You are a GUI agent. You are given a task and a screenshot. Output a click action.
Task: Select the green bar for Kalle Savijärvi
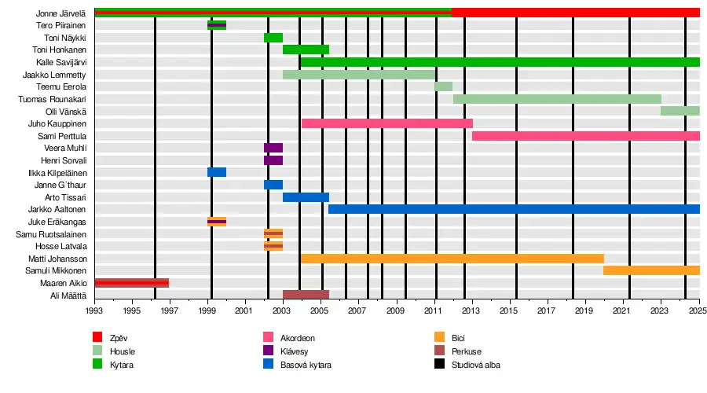coord(499,62)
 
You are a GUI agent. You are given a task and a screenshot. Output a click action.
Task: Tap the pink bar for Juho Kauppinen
coord(386,123)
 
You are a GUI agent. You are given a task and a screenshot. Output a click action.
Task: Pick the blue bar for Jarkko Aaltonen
coord(513,209)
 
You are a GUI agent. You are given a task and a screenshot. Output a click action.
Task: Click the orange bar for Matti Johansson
coord(452,259)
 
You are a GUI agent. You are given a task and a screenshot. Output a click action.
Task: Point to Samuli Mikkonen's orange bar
coord(650,270)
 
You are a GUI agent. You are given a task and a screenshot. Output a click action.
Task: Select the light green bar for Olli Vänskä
coord(680,111)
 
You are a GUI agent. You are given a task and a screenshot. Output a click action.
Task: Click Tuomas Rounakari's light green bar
coord(556,99)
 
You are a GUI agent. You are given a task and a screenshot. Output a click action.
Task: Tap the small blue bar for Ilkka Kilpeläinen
coord(217,172)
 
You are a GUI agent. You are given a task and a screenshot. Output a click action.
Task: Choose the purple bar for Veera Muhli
coord(273,148)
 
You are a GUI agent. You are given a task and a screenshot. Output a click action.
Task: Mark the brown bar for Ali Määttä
coord(306,295)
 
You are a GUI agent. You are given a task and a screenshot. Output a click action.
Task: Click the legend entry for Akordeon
coord(297,338)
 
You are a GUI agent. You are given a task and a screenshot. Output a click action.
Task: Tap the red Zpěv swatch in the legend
coord(97,338)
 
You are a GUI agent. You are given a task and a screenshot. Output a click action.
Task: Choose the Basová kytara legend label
coord(306,365)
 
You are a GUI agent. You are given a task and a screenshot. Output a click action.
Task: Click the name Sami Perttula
coord(68,136)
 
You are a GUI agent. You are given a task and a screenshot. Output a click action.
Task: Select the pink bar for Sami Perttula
coord(585,136)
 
